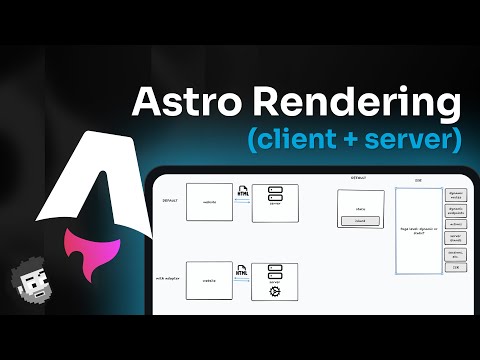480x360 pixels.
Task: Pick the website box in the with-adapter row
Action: (x=210, y=280)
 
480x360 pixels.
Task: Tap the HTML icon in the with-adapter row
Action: (x=239, y=268)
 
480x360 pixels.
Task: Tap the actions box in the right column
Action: (x=456, y=224)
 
